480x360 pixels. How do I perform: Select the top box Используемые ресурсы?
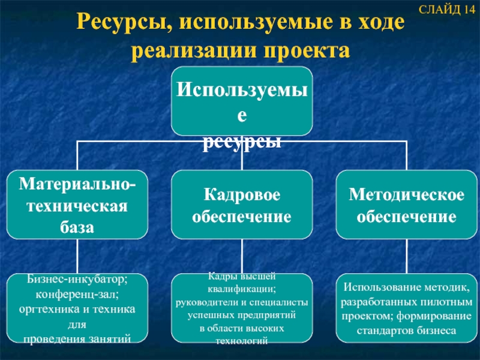[241, 101]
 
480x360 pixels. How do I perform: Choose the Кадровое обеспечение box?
[241, 205]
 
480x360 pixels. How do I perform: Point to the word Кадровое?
[241, 196]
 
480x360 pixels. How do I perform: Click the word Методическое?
[406, 196]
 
